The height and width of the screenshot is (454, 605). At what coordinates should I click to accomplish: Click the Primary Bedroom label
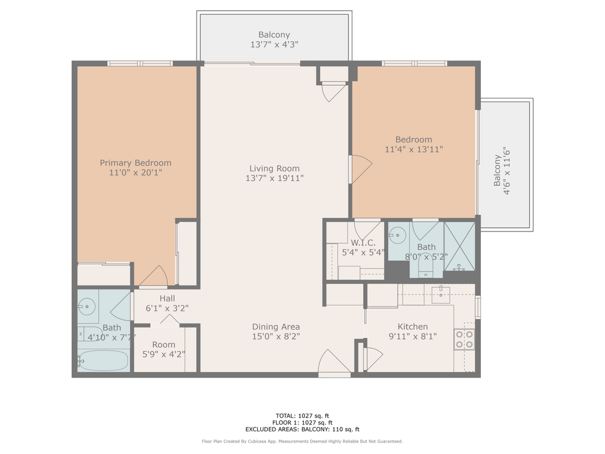(135, 163)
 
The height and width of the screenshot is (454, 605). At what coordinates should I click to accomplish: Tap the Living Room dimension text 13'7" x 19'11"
(274, 178)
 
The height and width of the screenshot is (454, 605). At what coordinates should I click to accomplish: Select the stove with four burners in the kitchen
(464, 339)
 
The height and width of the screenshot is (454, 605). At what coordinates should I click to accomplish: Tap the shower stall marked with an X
(459, 247)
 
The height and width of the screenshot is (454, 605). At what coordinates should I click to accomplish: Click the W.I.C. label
(363, 243)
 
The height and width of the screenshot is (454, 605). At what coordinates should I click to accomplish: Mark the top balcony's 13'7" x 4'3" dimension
(274, 45)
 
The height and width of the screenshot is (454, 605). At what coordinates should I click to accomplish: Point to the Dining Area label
(275, 327)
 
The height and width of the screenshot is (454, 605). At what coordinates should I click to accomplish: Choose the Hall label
(167, 298)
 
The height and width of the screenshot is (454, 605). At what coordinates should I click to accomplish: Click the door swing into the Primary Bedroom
(154, 276)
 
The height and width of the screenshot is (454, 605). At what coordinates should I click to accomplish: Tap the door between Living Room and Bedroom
(360, 168)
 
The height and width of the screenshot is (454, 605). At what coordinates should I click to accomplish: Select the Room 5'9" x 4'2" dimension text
(163, 354)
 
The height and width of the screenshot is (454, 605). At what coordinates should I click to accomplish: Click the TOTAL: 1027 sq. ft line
(302, 416)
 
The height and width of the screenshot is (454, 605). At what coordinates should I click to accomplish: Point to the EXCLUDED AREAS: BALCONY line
(302, 429)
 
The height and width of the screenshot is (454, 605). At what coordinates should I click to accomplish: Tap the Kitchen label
(412, 327)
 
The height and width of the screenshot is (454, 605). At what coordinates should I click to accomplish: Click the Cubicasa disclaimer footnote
(302, 441)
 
